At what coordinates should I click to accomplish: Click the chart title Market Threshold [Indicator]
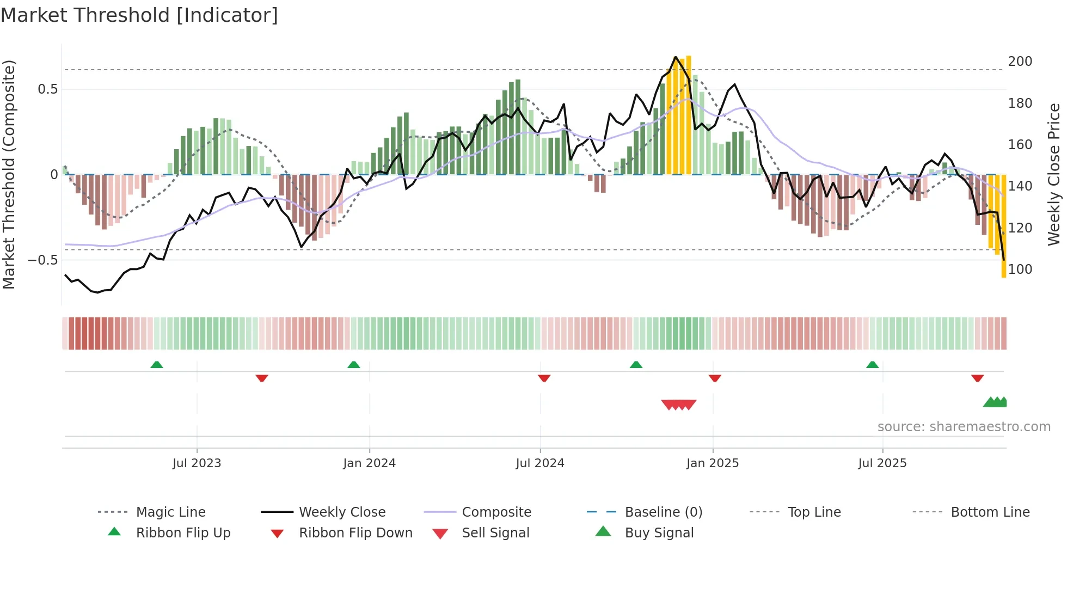click(139, 15)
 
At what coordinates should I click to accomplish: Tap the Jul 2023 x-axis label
click(197, 463)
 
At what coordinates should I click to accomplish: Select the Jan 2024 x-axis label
click(369, 463)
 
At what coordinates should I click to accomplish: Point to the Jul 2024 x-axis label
click(539, 463)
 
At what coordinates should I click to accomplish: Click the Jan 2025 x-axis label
click(712, 463)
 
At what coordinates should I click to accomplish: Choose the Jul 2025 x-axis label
click(882, 463)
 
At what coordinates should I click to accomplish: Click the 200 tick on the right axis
click(1020, 62)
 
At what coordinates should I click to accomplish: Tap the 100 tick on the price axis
click(1020, 270)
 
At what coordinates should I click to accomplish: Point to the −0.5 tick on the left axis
click(42, 260)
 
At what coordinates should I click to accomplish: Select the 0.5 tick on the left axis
click(47, 89)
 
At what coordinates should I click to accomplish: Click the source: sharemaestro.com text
click(964, 427)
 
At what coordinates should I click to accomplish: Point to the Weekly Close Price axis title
click(1054, 174)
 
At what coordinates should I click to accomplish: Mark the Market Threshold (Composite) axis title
click(9, 174)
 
